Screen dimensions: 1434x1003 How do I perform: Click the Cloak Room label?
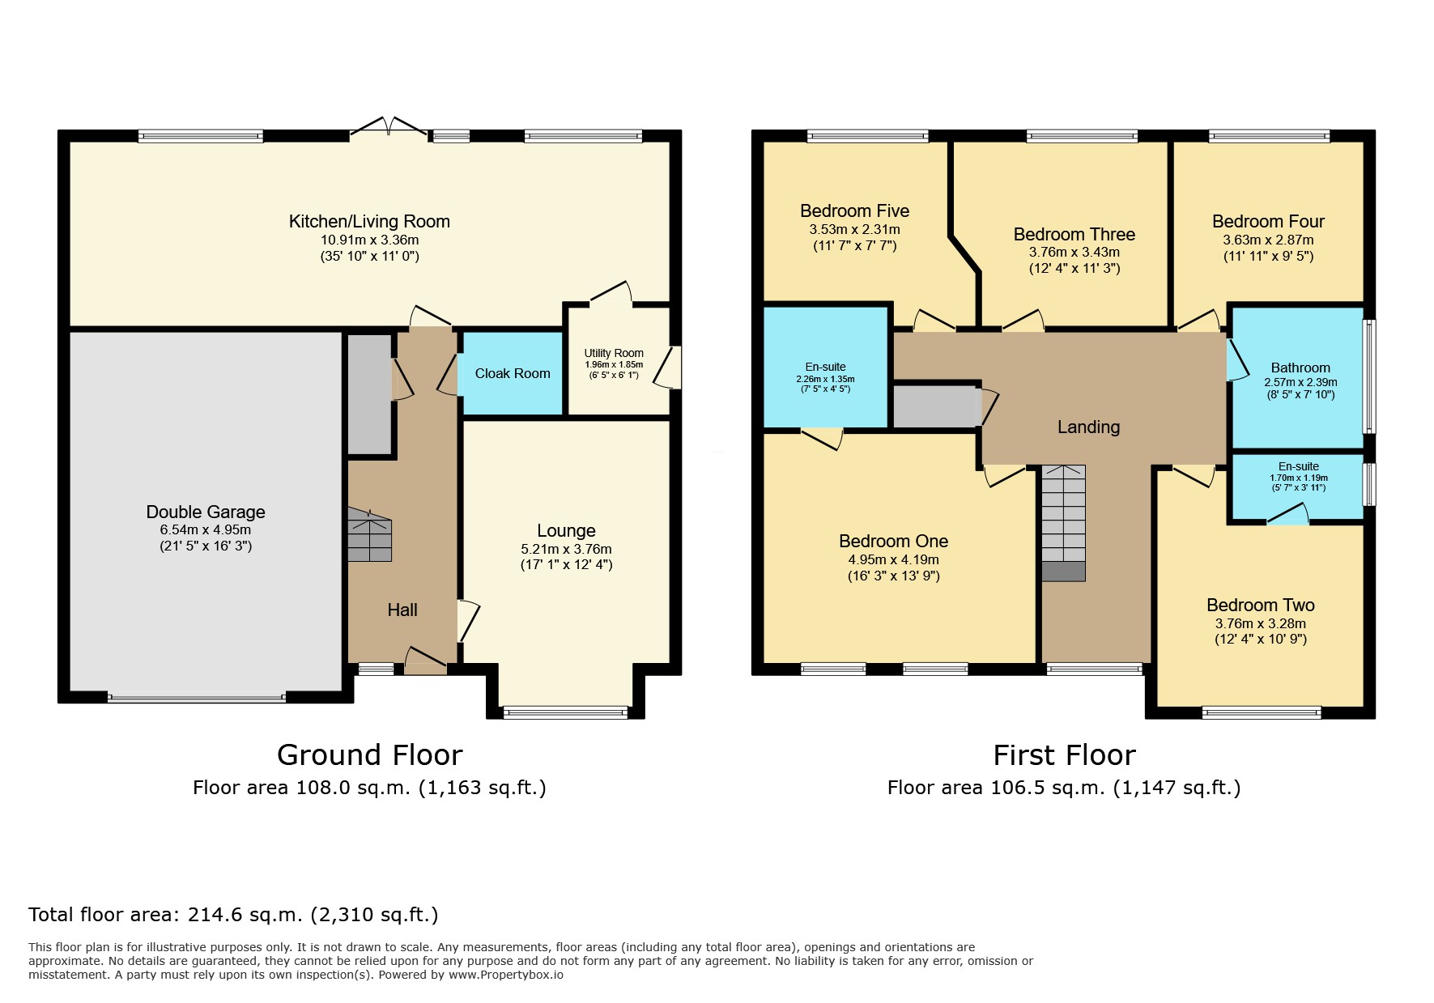(x=513, y=373)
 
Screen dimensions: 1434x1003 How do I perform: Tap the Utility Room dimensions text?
(x=614, y=370)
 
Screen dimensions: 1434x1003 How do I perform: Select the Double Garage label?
(x=206, y=512)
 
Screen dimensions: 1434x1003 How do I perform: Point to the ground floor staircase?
(x=370, y=535)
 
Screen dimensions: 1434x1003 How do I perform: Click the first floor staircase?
(x=1063, y=523)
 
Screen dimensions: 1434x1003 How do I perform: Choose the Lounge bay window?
(x=565, y=712)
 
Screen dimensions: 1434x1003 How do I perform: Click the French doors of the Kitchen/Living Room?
(x=389, y=127)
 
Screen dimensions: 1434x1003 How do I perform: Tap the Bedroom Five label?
(x=854, y=211)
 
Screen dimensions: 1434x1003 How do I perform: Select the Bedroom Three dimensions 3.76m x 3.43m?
(x=1074, y=253)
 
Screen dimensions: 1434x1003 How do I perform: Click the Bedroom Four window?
(x=1269, y=136)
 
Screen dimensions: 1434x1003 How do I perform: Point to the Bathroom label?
(x=1300, y=368)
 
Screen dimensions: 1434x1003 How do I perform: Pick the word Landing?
(x=1088, y=427)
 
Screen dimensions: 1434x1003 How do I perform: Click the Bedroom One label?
(x=893, y=542)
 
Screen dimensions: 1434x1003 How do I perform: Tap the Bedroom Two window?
(x=1262, y=712)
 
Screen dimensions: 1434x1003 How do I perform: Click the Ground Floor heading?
(x=369, y=755)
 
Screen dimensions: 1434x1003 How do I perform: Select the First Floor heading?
(x=1064, y=755)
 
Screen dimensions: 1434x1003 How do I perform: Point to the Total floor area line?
(x=233, y=915)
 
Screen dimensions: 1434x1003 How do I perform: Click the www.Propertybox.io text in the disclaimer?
(x=506, y=975)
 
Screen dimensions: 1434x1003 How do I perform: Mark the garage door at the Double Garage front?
(x=197, y=697)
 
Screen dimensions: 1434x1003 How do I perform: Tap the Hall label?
(x=402, y=610)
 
